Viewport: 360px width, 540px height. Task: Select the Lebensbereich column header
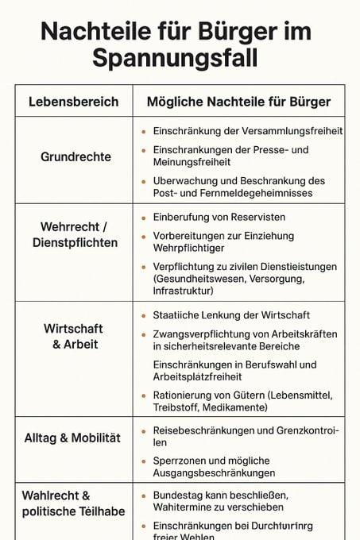click(74, 102)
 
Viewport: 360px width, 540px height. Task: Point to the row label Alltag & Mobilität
click(72, 438)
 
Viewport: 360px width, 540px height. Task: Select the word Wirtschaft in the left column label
click(72, 328)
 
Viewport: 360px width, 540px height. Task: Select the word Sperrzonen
click(180, 461)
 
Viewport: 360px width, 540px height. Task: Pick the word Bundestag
click(180, 494)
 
